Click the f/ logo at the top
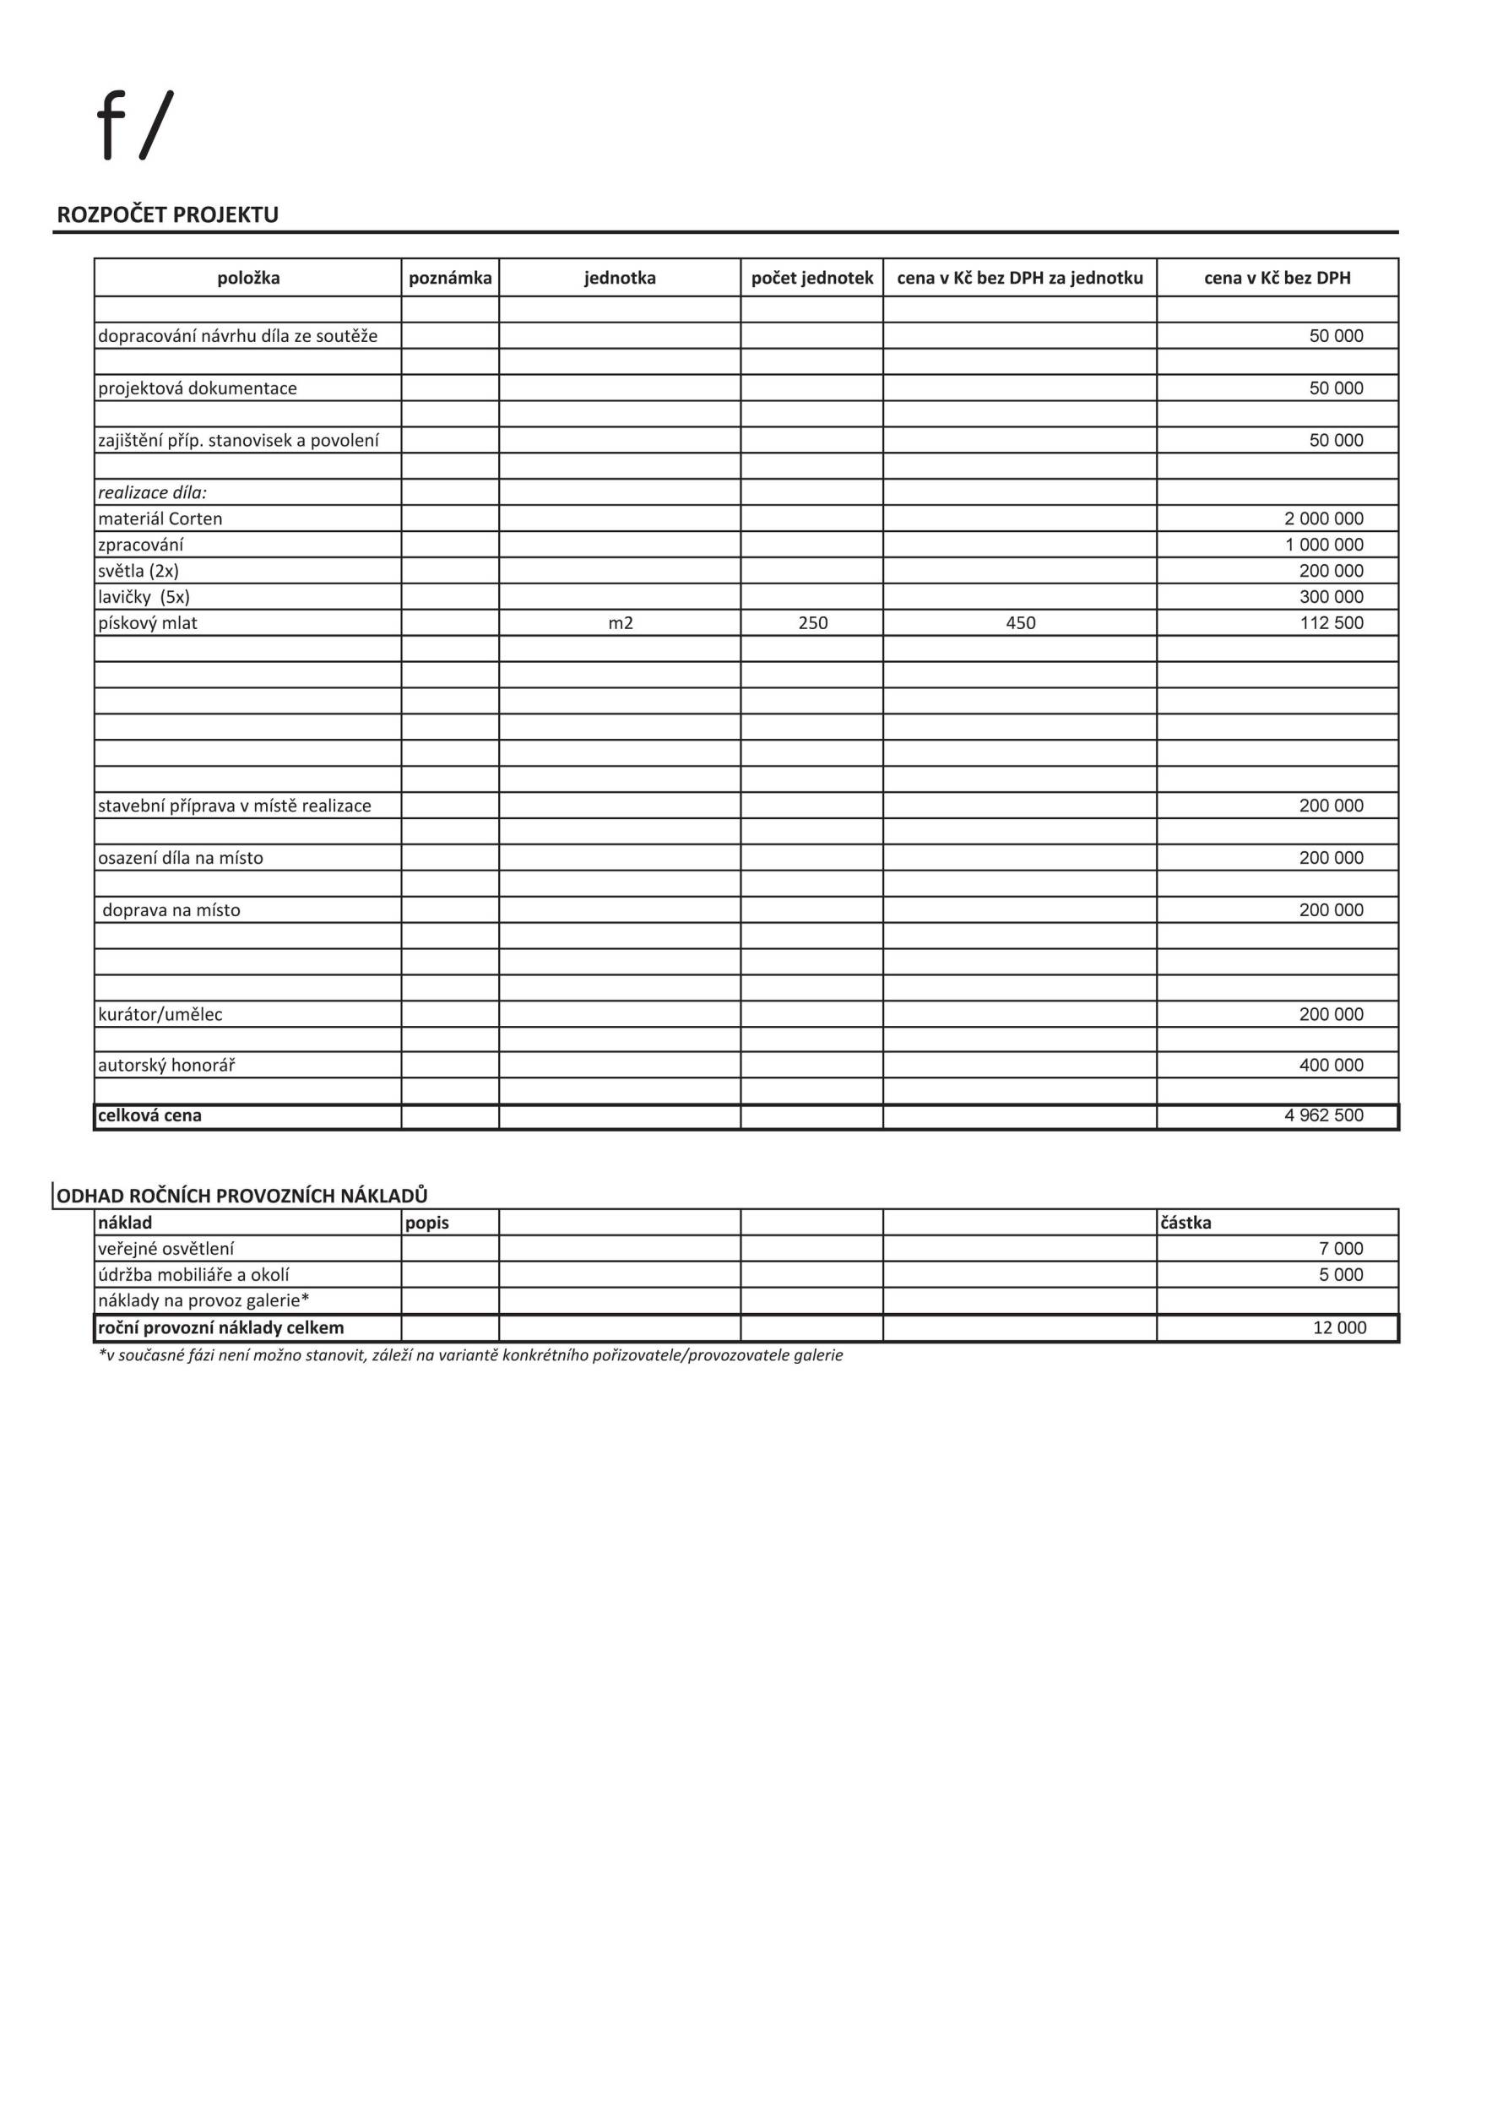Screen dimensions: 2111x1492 135,126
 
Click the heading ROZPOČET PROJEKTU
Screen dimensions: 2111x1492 167,215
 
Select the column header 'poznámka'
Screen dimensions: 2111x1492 449,278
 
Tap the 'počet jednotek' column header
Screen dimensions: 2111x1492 811,278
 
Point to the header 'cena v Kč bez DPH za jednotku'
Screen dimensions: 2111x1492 1019,278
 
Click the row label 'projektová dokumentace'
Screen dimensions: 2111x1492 198,388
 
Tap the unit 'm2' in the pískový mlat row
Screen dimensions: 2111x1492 621,623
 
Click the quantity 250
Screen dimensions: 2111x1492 812,623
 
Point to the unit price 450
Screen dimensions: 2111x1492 1020,623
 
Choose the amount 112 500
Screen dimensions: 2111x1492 1330,623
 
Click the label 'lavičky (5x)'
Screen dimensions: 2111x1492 144,597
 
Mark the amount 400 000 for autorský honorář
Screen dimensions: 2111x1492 1330,1065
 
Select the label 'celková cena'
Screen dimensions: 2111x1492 149,1115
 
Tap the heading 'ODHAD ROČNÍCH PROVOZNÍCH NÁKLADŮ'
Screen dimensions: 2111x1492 241,1196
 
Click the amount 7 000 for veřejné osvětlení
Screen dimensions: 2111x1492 1340,1249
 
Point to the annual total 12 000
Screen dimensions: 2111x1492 1338,1327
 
